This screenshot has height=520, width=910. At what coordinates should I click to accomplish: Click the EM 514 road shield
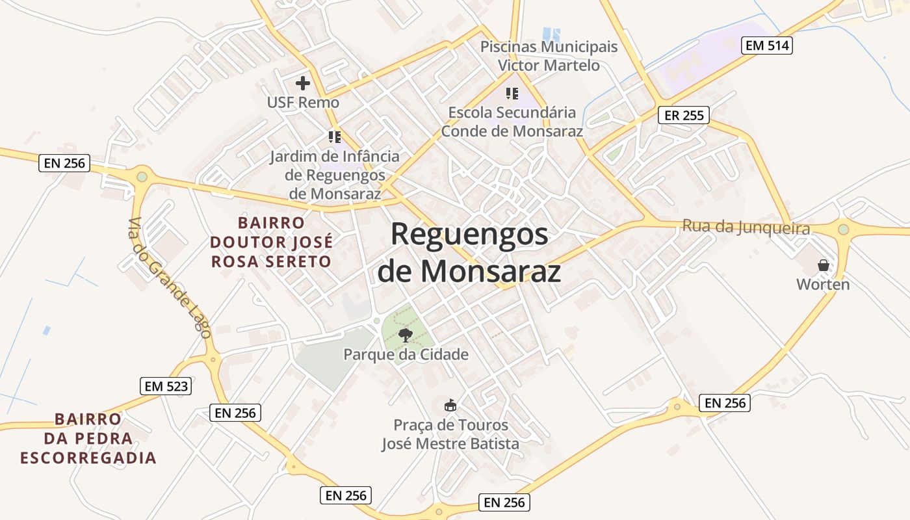click(x=767, y=45)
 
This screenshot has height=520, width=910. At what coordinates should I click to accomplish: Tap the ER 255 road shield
click(x=684, y=116)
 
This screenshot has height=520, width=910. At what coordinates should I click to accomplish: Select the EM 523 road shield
click(x=166, y=386)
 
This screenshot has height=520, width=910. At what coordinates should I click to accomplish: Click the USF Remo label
click(x=303, y=102)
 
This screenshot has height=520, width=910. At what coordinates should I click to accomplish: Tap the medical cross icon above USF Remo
click(x=303, y=83)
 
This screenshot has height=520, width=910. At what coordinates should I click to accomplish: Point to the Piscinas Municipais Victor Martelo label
click(x=549, y=56)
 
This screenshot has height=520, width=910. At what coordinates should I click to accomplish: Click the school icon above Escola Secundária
click(x=512, y=94)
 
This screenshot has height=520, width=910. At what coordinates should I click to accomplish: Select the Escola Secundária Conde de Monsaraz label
click(x=512, y=122)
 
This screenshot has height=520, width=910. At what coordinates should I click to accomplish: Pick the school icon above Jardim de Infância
click(x=335, y=137)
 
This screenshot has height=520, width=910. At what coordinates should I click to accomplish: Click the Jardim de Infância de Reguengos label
click(x=335, y=175)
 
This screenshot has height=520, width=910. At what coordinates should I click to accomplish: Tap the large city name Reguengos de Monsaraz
click(x=469, y=252)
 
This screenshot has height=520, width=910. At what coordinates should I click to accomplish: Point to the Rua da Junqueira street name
click(x=746, y=227)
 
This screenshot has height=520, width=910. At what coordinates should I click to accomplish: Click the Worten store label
click(x=823, y=284)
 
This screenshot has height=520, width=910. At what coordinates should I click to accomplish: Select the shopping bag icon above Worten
click(x=824, y=265)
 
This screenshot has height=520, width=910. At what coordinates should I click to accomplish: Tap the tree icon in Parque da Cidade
click(x=406, y=335)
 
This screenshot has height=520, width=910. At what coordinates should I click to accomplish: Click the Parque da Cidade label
click(x=406, y=354)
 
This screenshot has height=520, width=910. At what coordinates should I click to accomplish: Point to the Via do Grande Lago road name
click(x=170, y=278)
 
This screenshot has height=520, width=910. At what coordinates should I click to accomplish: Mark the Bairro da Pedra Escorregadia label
click(x=88, y=439)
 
